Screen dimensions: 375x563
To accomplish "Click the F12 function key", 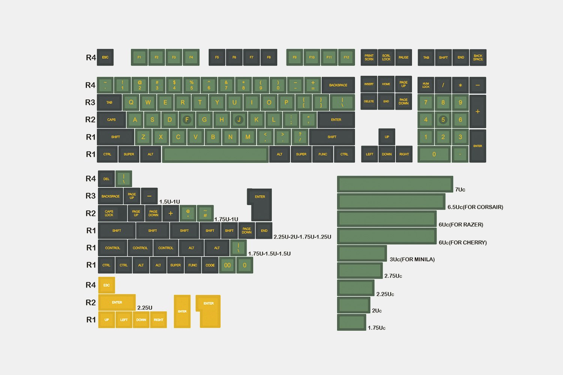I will (346, 57).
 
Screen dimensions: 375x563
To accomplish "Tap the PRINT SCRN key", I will (369, 57).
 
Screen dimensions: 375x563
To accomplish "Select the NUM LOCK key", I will (426, 85).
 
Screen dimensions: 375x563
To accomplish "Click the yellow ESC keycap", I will (107, 285).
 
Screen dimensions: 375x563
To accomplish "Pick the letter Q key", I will (131, 102).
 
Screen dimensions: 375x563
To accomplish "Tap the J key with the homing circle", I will (239, 120).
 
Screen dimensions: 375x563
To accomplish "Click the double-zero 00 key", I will (227, 265).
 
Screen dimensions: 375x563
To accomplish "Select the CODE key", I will (210, 265).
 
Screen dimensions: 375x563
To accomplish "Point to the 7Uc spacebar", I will (395, 184).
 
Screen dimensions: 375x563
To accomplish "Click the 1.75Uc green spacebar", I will (352, 322).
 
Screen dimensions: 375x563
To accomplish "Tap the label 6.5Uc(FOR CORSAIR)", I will (475, 207).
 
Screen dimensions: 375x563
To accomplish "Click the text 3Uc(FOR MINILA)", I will (412, 259).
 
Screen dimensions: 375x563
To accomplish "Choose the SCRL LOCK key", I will (386, 57).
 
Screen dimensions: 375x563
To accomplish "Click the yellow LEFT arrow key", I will (124, 320).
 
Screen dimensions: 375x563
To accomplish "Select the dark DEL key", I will (106, 179).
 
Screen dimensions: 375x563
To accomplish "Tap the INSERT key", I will (369, 84).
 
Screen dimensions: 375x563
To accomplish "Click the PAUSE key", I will (403, 57).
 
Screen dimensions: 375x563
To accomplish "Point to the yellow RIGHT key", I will (158, 320).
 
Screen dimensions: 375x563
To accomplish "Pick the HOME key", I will (386, 84).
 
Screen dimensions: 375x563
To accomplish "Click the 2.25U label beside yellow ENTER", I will (145, 307).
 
